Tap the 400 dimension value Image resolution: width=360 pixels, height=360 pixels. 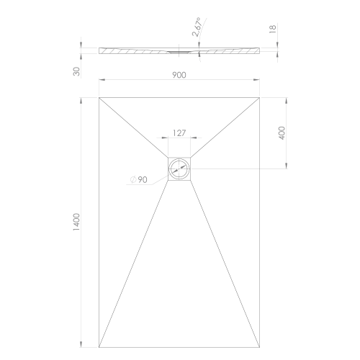coord(282,132)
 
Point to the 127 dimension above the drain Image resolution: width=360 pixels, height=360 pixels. coord(179,133)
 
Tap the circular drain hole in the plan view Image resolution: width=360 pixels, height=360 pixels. coord(179,171)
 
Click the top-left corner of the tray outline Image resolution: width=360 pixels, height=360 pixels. coord(99,96)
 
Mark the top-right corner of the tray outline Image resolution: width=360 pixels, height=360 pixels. coord(261,96)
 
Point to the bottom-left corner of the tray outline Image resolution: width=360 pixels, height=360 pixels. coord(99,347)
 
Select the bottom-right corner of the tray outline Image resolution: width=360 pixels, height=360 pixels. coord(261,347)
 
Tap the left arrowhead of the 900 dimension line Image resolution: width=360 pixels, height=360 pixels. coord(101,79)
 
